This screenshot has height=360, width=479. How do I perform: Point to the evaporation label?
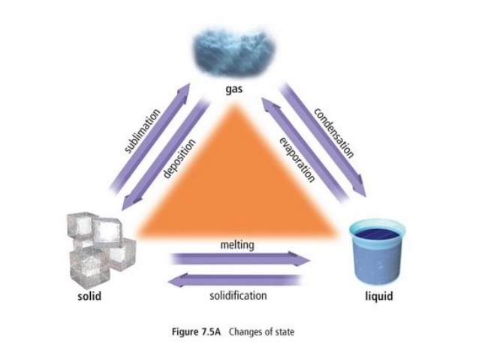coord(296,161)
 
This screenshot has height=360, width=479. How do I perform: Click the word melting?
coord(238,246)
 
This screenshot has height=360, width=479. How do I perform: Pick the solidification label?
coord(238,295)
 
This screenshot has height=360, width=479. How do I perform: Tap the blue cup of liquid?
coord(378,253)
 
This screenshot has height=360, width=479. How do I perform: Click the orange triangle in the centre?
coord(239,188)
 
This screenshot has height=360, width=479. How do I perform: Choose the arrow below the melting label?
coord(240,260)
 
